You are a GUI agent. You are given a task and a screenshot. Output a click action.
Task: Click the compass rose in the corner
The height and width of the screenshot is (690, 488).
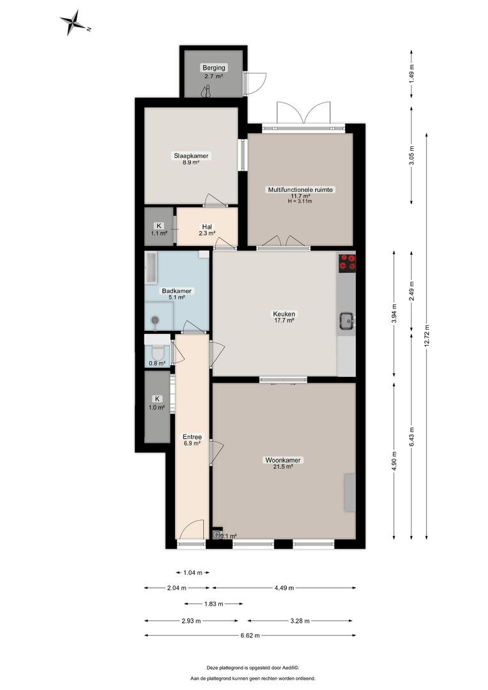75,22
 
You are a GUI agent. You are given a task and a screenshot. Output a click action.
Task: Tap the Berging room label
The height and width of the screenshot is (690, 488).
214,68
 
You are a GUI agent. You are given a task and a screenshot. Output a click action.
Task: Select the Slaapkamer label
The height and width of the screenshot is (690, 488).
191,156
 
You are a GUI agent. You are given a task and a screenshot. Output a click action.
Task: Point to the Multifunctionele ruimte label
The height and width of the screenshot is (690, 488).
301,190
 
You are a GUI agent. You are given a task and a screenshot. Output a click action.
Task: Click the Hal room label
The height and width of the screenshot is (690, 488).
207,227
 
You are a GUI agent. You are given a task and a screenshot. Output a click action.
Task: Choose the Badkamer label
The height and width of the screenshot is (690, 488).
176,291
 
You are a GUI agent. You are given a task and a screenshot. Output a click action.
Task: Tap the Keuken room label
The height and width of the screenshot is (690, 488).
284,314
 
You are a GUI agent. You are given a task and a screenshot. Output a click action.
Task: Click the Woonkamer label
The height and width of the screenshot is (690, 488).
283,460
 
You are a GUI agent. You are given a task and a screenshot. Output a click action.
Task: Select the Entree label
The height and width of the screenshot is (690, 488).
192,437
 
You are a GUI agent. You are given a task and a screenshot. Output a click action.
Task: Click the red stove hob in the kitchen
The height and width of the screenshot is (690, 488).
347,263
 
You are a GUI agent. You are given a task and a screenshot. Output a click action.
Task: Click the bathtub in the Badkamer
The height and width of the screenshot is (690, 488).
151,268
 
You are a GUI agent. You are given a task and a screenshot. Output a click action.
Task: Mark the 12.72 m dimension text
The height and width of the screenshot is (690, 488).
425,336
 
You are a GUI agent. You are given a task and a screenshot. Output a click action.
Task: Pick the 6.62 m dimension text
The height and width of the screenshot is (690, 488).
249,636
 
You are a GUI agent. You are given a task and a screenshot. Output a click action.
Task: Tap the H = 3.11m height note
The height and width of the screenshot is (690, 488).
300,201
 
